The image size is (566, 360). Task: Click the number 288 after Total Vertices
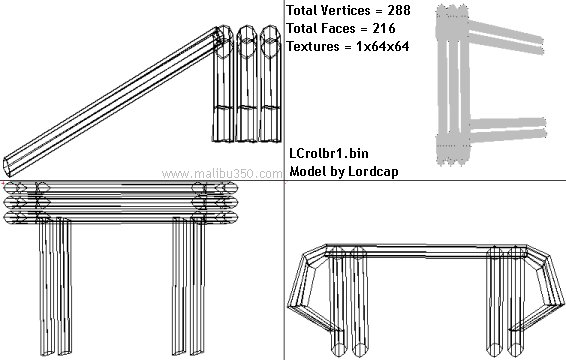tap(399, 10)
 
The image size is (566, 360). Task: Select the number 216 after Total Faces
tap(384, 28)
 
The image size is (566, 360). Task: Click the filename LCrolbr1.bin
tap(329, 153)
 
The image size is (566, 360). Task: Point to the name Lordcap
tap(373, 171)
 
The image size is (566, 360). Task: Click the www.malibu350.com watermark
tap(222, 174)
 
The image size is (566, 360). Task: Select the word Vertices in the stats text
tap(348, 10)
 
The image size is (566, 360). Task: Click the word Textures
tap(313, 46)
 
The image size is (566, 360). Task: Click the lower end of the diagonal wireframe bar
tap(7, 167)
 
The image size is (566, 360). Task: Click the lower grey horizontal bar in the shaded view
tap(508, 135)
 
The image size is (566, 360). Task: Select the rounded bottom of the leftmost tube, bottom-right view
tap(339, 350)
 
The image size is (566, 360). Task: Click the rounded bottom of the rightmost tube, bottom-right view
tap(515, 350)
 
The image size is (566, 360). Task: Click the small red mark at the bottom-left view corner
tap(2, 183)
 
